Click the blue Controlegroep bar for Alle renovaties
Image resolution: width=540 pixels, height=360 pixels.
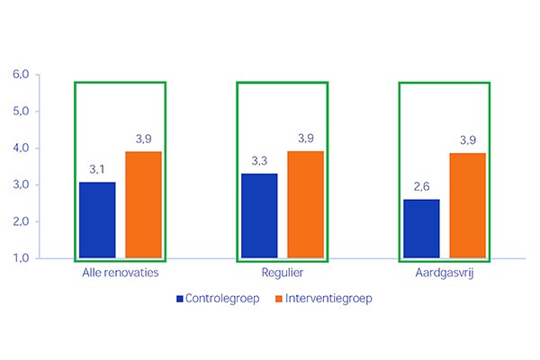(97, 220)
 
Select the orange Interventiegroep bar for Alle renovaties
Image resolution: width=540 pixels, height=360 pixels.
(143, 204)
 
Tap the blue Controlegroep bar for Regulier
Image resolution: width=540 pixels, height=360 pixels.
(259, 215)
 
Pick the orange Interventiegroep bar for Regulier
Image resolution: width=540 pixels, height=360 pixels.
(305, 204)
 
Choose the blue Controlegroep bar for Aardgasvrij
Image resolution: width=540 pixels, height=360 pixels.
(421, 229)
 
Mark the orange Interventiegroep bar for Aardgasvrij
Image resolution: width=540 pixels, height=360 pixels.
(467, 205)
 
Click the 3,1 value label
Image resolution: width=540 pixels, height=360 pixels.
(97, 169)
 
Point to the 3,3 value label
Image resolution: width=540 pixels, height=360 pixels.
(259, 161)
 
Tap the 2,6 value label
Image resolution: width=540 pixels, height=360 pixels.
(421, 186)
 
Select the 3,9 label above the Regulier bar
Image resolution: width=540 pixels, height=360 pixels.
(305, 139)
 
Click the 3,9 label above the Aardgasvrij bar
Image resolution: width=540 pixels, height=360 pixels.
(467, 140)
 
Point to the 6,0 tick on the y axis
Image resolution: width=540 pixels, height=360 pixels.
(20, 75)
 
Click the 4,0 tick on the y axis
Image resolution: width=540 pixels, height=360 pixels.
(20, 148)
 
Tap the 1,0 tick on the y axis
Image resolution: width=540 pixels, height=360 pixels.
(20, 258)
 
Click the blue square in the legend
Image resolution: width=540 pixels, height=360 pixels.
(180, 298)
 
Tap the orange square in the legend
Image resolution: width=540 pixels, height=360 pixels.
(278, 298)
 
